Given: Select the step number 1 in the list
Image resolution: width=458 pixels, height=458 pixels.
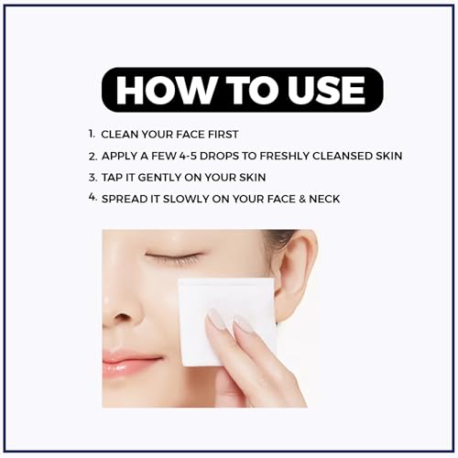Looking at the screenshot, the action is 93,134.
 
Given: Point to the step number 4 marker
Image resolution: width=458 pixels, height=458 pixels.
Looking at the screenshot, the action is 93,197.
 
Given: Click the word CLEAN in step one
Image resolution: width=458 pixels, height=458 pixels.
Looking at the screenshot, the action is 119,135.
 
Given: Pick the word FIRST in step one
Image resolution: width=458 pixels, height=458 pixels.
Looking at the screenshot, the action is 223,135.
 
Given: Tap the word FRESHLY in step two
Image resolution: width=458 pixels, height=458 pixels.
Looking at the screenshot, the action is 285,156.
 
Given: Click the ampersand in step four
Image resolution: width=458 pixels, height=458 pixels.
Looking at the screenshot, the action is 302,199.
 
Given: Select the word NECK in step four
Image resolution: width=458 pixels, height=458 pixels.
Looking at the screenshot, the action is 324,199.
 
